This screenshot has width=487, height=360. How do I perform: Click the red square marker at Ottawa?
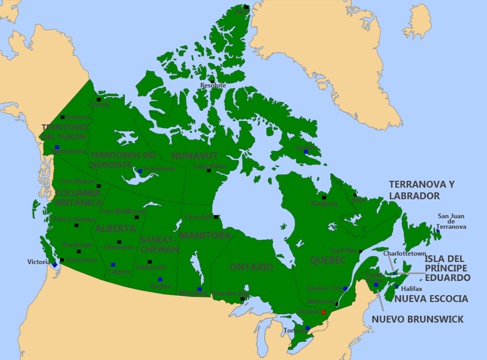tap(323, 313)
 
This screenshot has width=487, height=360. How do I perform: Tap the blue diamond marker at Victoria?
tap(54, 264)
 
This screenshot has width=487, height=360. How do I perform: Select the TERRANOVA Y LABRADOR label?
tap(422, 190)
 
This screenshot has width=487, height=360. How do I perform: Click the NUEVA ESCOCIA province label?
tap(431, 299)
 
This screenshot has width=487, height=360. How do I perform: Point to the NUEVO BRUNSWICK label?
tap(417, 319)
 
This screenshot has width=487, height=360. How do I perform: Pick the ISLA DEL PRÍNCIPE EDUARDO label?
tap(447, 268)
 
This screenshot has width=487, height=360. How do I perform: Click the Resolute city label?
tap(213, 85)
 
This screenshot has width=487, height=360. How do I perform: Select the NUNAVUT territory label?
tap(194, 155)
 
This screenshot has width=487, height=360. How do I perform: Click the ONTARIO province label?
tap(251, 267)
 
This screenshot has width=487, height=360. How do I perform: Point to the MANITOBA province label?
tap(205, 236)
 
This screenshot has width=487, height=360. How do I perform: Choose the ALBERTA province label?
tap(115, 229)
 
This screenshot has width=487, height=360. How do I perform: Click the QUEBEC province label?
tap(327, 260)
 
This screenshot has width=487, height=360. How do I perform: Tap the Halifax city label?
tap(412, 289)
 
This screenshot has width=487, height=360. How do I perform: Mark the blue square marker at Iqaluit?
tap(306, 152)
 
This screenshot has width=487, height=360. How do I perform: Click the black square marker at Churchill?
tap(216, 217)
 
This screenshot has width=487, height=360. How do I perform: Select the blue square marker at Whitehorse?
tap(57, 147)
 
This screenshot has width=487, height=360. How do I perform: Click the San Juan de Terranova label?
tap(452, 221)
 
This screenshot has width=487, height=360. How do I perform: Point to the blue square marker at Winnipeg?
tap(199, 289)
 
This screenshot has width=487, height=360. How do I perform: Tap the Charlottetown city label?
tap(404, 254)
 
